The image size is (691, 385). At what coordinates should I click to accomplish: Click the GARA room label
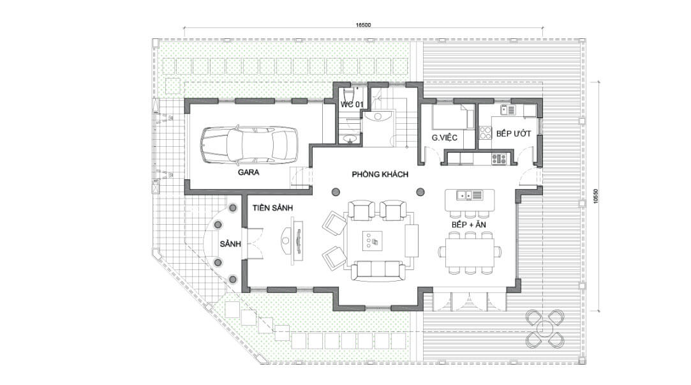[x=249, y=172]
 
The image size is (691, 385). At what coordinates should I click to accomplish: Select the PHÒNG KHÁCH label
[x=380, y=174]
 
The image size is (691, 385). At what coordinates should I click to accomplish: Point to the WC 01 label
[x=352, y=105]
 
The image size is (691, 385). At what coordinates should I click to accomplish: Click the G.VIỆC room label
[x=444, y=138]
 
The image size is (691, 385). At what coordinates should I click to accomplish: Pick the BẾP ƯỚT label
[x=514, y=133]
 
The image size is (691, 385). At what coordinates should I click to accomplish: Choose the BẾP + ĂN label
[x=468, y=225]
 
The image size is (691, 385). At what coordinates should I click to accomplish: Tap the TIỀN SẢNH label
[x=273, y=208]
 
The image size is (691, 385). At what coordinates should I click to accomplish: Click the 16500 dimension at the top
[x=363, y=25]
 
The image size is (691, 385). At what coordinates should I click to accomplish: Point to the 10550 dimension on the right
[x=595, y=196]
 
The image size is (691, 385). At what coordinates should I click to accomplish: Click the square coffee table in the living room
[x=373, y=241]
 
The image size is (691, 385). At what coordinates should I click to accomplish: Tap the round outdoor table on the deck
[x=545, y=329]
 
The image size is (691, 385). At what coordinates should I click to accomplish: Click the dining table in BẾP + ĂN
[x=470, y=253]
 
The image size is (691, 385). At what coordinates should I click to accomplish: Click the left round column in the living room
[x=336, y=192]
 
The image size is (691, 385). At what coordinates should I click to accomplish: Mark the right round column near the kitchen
[x=420, y=192]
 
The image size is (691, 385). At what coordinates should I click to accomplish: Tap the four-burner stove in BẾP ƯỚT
[x=485, y=133]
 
